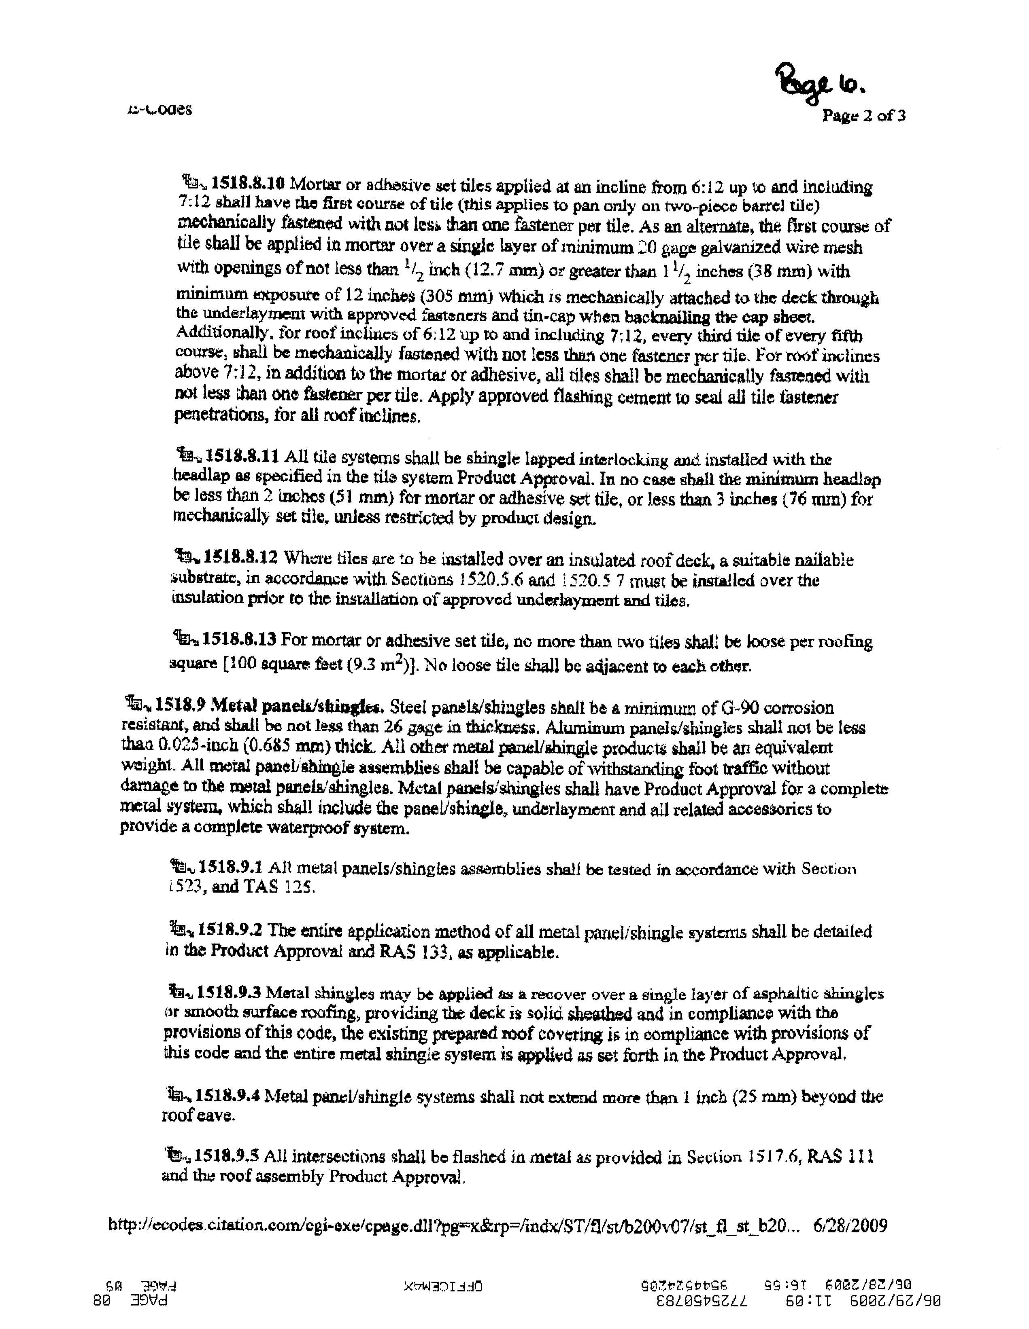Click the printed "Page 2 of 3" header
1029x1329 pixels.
pyautogui.click(x=863, y=116)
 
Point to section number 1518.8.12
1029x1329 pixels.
pyautogui.click(x=241, y=557)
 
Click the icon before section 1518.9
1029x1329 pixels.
pyautogui.click(x=138, y=705)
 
